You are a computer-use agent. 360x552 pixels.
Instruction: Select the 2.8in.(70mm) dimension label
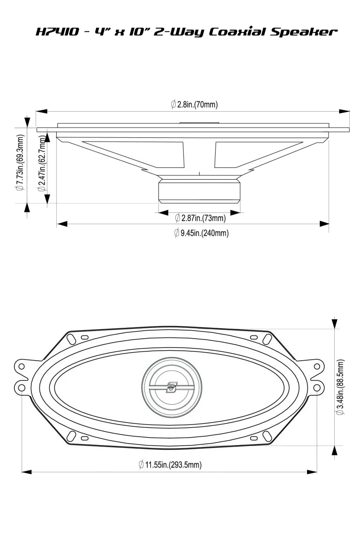(x=194, y=105)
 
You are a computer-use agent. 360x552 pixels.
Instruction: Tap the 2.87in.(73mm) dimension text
(x=200, y=218)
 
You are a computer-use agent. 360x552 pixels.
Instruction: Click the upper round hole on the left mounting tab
(x=21, y=365)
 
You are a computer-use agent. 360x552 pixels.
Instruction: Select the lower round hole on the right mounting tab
(x=317, y=387)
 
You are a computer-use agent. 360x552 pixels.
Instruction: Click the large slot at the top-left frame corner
(x=71, y=337)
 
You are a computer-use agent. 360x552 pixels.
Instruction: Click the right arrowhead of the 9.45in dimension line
(x=324, y=224)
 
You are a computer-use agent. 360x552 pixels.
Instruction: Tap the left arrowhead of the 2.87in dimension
(x=164, y=213)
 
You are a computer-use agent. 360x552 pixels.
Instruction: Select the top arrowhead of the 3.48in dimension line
(x=334, y=324)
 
